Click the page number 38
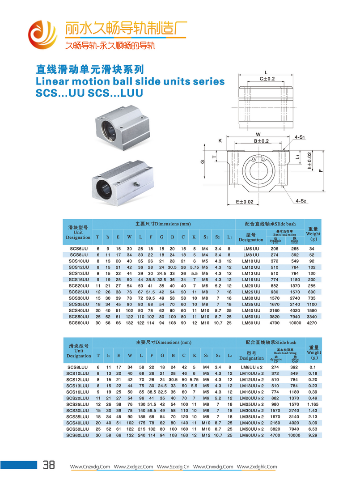tap(48, 465)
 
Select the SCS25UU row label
tap(79, 292)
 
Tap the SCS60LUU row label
tap(79, 435)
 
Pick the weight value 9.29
tap(313, 435)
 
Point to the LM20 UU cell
tap(251, 286)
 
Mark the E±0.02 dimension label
tap(244, 202)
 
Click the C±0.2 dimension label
tap(267, 79)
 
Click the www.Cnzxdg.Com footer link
tap(91, 467)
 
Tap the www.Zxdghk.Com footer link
tap(257, 467)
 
